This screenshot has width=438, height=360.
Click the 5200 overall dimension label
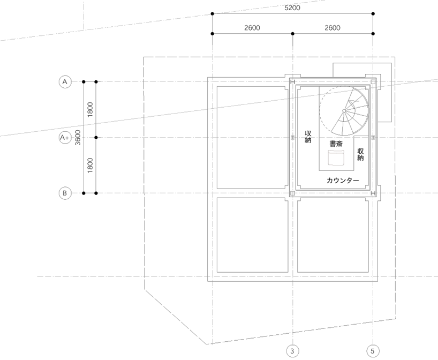292,8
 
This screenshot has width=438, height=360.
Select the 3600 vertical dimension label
78,138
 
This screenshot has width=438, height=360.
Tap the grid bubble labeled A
65,82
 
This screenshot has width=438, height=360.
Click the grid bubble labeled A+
65,138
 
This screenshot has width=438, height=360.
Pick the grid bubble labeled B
65,193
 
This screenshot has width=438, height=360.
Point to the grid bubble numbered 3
292,351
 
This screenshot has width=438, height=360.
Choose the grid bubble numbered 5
373,351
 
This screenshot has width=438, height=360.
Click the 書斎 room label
336,144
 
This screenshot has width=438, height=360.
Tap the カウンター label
343,181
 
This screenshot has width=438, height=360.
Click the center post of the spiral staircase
344,111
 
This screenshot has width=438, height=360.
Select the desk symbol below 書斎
336,158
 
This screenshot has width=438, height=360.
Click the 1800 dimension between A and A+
90,110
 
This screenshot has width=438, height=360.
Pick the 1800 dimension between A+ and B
90,166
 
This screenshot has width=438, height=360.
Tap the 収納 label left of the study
308,137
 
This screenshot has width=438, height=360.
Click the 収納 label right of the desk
360,155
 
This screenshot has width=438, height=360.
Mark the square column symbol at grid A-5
373,82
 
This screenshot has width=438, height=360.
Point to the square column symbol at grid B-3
292,193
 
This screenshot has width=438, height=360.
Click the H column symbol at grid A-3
292,82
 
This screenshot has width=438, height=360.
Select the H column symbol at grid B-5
373,193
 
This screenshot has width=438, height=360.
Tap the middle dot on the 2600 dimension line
292,34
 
